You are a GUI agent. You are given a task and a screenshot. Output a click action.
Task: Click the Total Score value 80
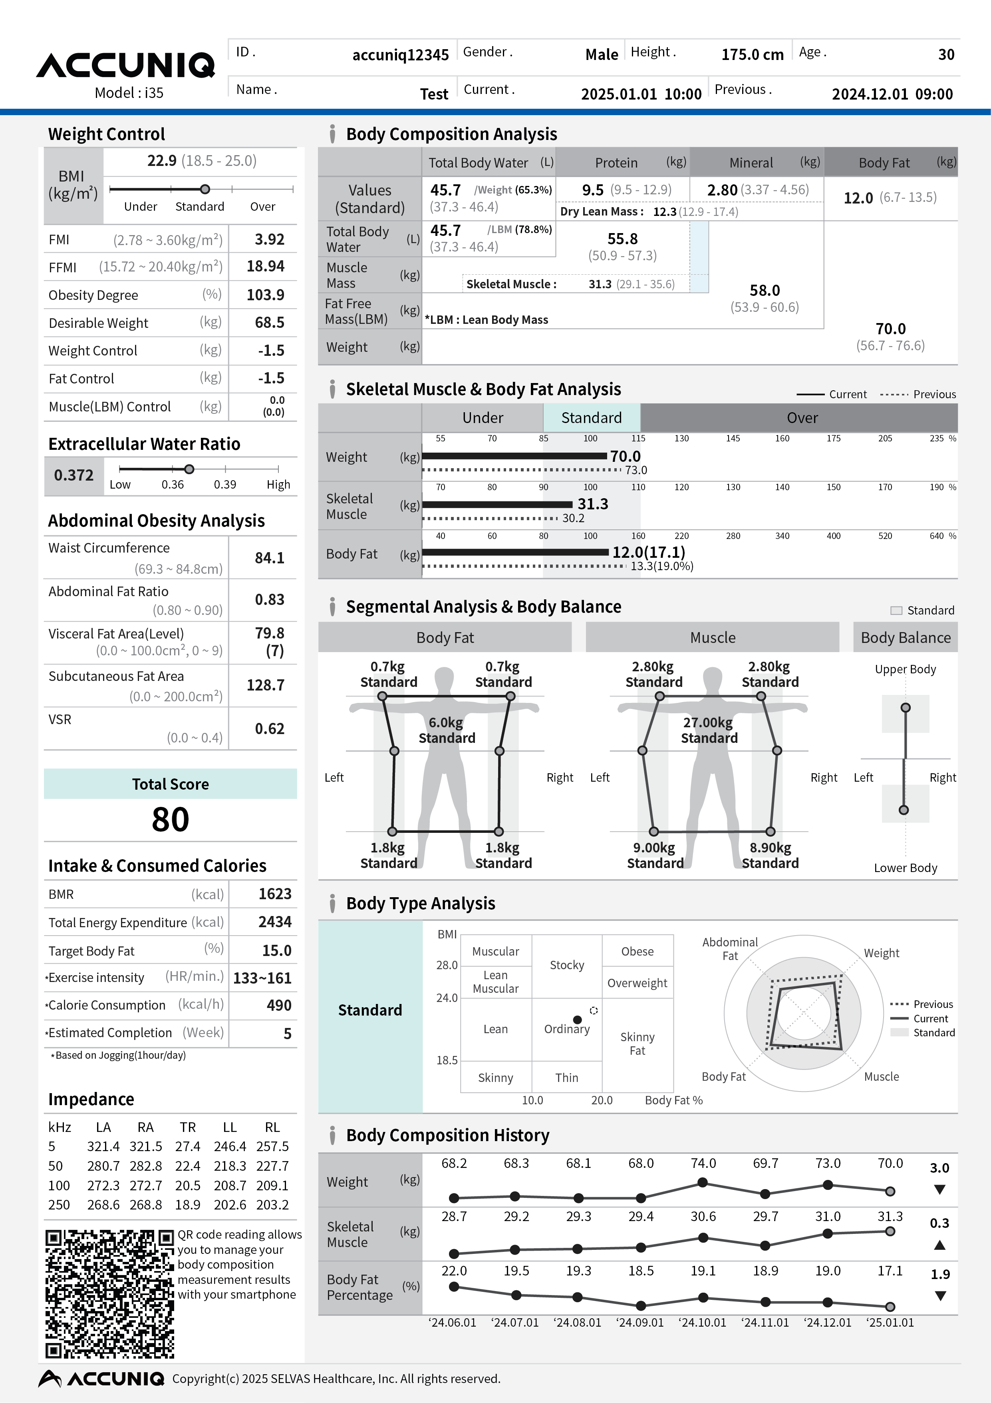click(170, 819)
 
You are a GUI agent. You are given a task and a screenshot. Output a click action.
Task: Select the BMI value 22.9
click(162, 161)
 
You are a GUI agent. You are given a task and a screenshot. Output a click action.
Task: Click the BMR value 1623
click(275, 894)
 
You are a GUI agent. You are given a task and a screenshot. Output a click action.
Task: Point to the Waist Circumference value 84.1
click(269, 558)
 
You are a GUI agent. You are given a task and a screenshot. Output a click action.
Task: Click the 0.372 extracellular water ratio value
click(74, 475)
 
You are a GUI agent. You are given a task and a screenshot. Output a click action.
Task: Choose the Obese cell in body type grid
click(637, 952)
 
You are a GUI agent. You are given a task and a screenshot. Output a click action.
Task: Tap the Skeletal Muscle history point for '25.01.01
click(890, 1231)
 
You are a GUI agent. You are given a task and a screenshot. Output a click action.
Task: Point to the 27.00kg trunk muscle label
click(708, 723)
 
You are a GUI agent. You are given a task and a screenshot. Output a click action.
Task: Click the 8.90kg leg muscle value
click(770, 848)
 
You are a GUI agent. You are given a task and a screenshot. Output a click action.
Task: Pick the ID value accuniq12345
click(401, 55)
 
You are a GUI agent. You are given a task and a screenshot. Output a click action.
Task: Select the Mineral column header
click(751, 163)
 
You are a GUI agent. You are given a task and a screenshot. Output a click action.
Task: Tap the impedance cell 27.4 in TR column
click(187, 1146)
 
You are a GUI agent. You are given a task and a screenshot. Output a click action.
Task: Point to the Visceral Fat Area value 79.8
click(269, 633)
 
